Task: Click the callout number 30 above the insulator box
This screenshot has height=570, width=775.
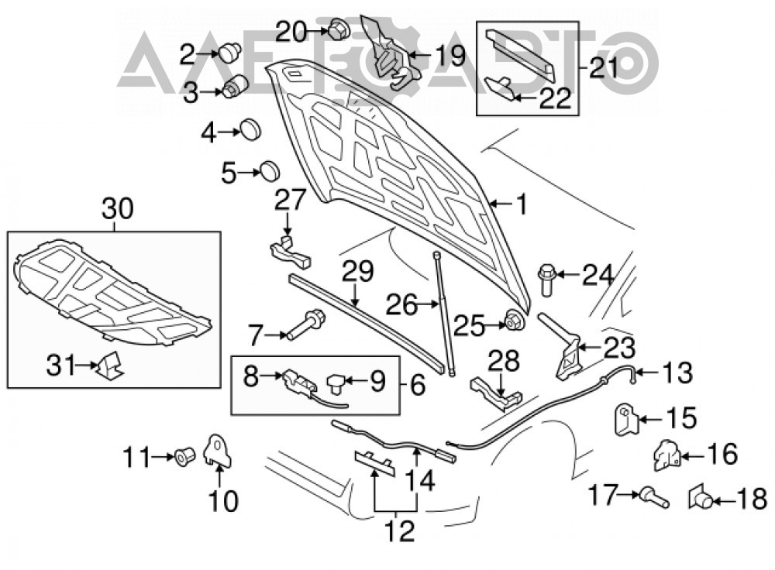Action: coord(118,208)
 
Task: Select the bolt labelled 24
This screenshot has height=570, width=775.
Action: coord(546,280)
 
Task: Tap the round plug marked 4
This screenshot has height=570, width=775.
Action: coord(250,130)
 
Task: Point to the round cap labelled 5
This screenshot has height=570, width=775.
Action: coord(270,170)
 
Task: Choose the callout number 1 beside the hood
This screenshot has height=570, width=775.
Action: coord(522,205)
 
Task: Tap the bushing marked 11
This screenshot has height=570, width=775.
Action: coord(185,458)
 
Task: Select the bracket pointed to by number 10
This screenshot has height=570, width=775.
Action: coord(218,449)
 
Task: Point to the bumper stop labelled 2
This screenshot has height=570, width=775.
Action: coord(229,53)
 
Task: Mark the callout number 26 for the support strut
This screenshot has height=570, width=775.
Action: coord(401,305)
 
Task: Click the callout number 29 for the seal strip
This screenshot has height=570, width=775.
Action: coord(359,272)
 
